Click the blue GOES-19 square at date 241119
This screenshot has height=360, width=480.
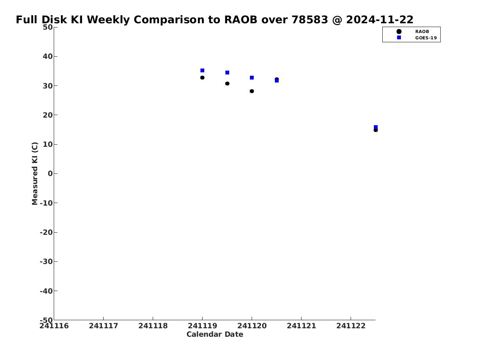pyautogui.click(x=202, y=70)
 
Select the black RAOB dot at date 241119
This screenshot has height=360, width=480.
pyautogui.click(x=202, y=78)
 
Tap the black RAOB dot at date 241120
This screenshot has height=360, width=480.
pyautogui.click(x=252, y=91)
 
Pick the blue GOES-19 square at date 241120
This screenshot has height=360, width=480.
pyautogui.click(x=252, y=78)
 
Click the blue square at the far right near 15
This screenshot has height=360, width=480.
pyautogui.click(x=376, y=127)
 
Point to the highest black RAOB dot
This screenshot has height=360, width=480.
pyautogui.click(x=202, y=78)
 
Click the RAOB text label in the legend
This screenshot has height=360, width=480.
pyautogui.click(x=422, y=32)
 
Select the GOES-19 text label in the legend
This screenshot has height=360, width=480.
pyautogui.click(x=426, y=38)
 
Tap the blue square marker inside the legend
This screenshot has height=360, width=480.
pyautogui.click(x=399, y=38)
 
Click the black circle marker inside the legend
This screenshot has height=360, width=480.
pyautogui.click(x=399, y=32)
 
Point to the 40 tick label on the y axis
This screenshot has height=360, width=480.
pyautogui.click(x=48, y=56)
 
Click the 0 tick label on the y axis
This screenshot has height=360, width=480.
pyautogui.click(x=50, y=173)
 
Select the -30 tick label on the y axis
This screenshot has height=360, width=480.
pyautogui.click(x=46, y=261)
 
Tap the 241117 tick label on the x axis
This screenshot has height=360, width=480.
pyautogui.click(x=104, y=326)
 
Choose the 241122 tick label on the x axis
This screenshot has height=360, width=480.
pyautogui.click(x=351, y=326)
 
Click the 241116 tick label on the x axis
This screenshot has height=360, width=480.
pyautogui.click(x=54, y=326)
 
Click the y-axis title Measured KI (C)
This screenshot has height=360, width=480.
pyautogui.click(x=35, y=173)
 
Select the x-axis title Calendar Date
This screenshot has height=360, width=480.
pyautogui.click(x=215, y=334)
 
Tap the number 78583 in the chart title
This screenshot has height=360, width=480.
pyautogui.click(x=310, y=19)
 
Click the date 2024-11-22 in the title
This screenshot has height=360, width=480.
pyautogui.click(x=380, y=19)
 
